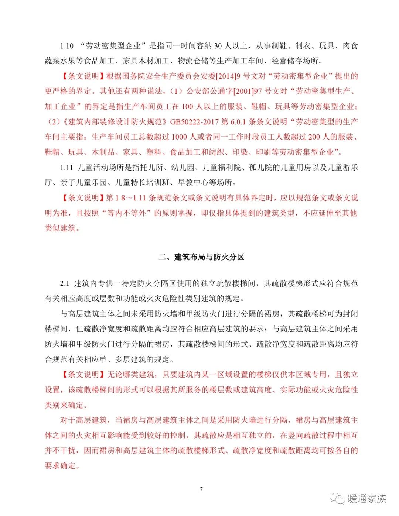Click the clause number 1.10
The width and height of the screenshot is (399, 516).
point(67,46)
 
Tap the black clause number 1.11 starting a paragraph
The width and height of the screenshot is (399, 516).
point(67,167)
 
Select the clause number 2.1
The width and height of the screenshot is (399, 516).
point(65,283)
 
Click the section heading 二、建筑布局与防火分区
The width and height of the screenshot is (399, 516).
point(201,257)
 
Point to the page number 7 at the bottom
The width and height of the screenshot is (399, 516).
point(201,489)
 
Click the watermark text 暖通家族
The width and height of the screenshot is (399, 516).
point(366,499)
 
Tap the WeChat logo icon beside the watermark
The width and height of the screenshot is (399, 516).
point(337,499)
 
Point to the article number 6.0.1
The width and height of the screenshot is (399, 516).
point(239,121)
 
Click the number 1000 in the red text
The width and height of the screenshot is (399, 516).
point(179,137)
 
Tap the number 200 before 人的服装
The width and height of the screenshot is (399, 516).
point(314,137)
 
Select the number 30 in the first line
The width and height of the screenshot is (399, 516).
point(218,46)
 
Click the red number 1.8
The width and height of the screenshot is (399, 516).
point(120,197)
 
